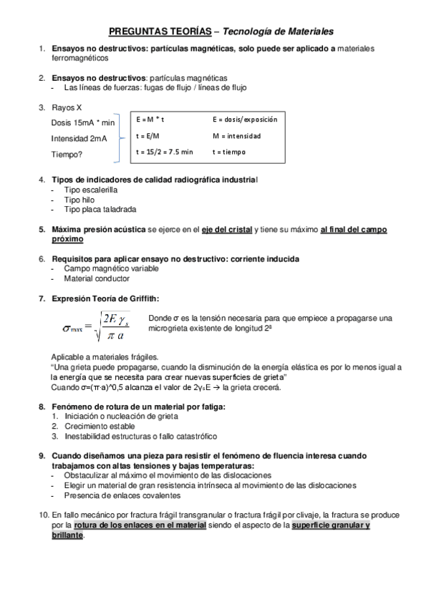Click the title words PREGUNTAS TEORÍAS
point(160,31)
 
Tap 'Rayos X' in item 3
point(67,107)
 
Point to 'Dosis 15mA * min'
point(83,123)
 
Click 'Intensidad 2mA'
point(79,138)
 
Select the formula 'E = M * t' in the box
point(151,119)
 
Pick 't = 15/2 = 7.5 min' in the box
point(165,152)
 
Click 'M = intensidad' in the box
point(237,135)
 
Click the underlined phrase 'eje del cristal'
point(227,230)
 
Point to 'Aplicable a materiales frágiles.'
point(105,356)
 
